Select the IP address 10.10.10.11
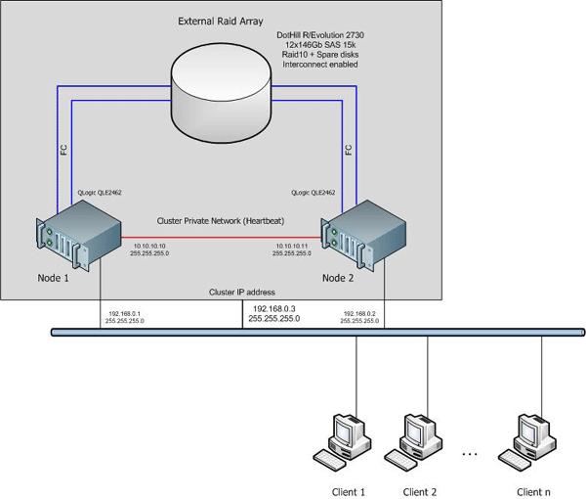pos(293,245)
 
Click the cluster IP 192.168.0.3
pos(274,308)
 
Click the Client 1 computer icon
pos(349,441)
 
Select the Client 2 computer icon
pos(418,441)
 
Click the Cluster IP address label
pos(242,293)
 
